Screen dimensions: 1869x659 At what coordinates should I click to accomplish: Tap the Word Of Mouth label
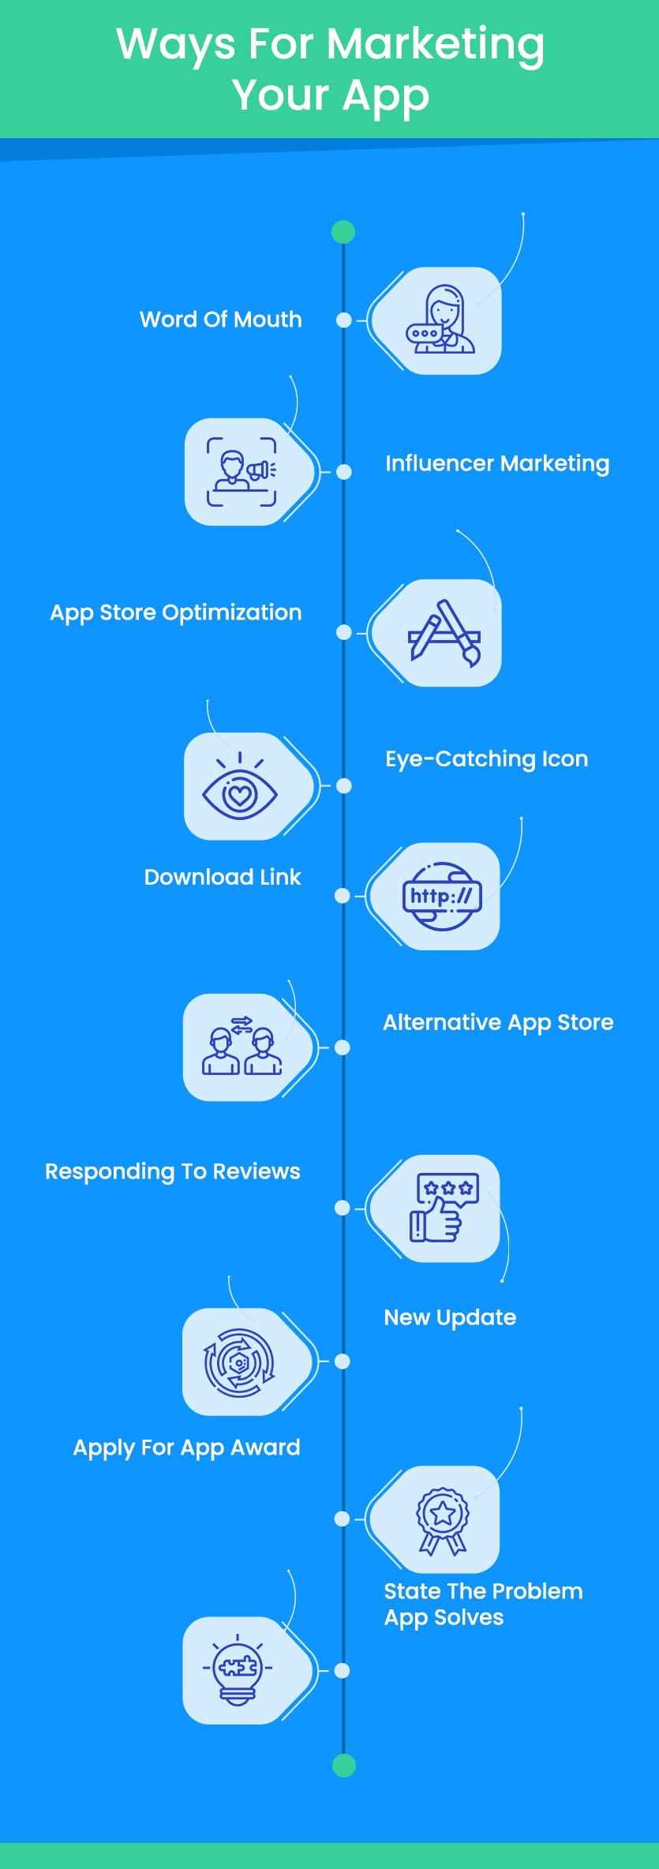220,320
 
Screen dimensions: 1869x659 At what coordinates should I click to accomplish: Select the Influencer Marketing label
497,463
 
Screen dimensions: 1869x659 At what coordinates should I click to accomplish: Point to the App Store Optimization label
175,612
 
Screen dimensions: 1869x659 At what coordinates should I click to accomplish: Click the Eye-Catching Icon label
486,758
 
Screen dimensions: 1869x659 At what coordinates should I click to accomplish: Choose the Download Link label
223,877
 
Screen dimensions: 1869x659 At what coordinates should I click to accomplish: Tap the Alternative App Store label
498,1022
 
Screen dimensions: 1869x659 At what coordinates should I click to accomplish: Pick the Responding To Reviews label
172,1171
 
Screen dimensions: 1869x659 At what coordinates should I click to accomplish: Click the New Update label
450,1317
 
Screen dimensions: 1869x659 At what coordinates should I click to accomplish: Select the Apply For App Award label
186,1447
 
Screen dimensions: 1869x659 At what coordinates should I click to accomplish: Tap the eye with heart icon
240,788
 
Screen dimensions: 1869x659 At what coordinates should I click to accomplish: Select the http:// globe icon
442,896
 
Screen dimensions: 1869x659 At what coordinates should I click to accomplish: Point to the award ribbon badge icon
443,1520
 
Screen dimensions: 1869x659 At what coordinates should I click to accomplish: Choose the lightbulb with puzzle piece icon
237,1670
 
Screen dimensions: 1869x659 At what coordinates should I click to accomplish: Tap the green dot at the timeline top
343,232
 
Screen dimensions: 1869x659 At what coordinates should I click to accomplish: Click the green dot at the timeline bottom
343,1765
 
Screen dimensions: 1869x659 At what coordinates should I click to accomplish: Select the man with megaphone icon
242,472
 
